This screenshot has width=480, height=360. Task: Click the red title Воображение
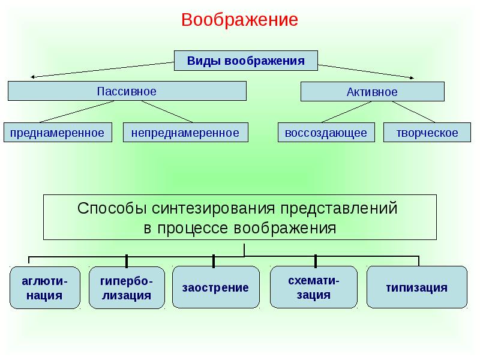(x=240, y=20)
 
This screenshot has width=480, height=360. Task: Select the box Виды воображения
(x=245, y=61)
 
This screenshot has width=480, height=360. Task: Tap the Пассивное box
(x=127, y=91)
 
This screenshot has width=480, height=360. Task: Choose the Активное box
(x=372, y=92)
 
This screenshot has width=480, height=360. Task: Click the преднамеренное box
(x=58, y=133)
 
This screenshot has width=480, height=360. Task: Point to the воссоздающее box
(x=326, y=133)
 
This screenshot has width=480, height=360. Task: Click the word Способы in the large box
(x=112, y=209)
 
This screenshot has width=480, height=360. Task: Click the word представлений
(x=336, y=209)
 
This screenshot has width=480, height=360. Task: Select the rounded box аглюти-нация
(x=45, y=287)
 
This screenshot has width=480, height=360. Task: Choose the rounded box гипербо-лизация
(x=126, y=287)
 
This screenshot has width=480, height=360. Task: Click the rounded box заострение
(x=216, y=287)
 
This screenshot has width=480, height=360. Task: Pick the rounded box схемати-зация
(x=314, y=287)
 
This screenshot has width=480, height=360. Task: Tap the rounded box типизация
(x=417, y=287)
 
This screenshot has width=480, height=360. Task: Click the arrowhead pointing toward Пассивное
(x=33, y=77)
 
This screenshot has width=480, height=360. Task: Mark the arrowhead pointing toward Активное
(x=411, y=77)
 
